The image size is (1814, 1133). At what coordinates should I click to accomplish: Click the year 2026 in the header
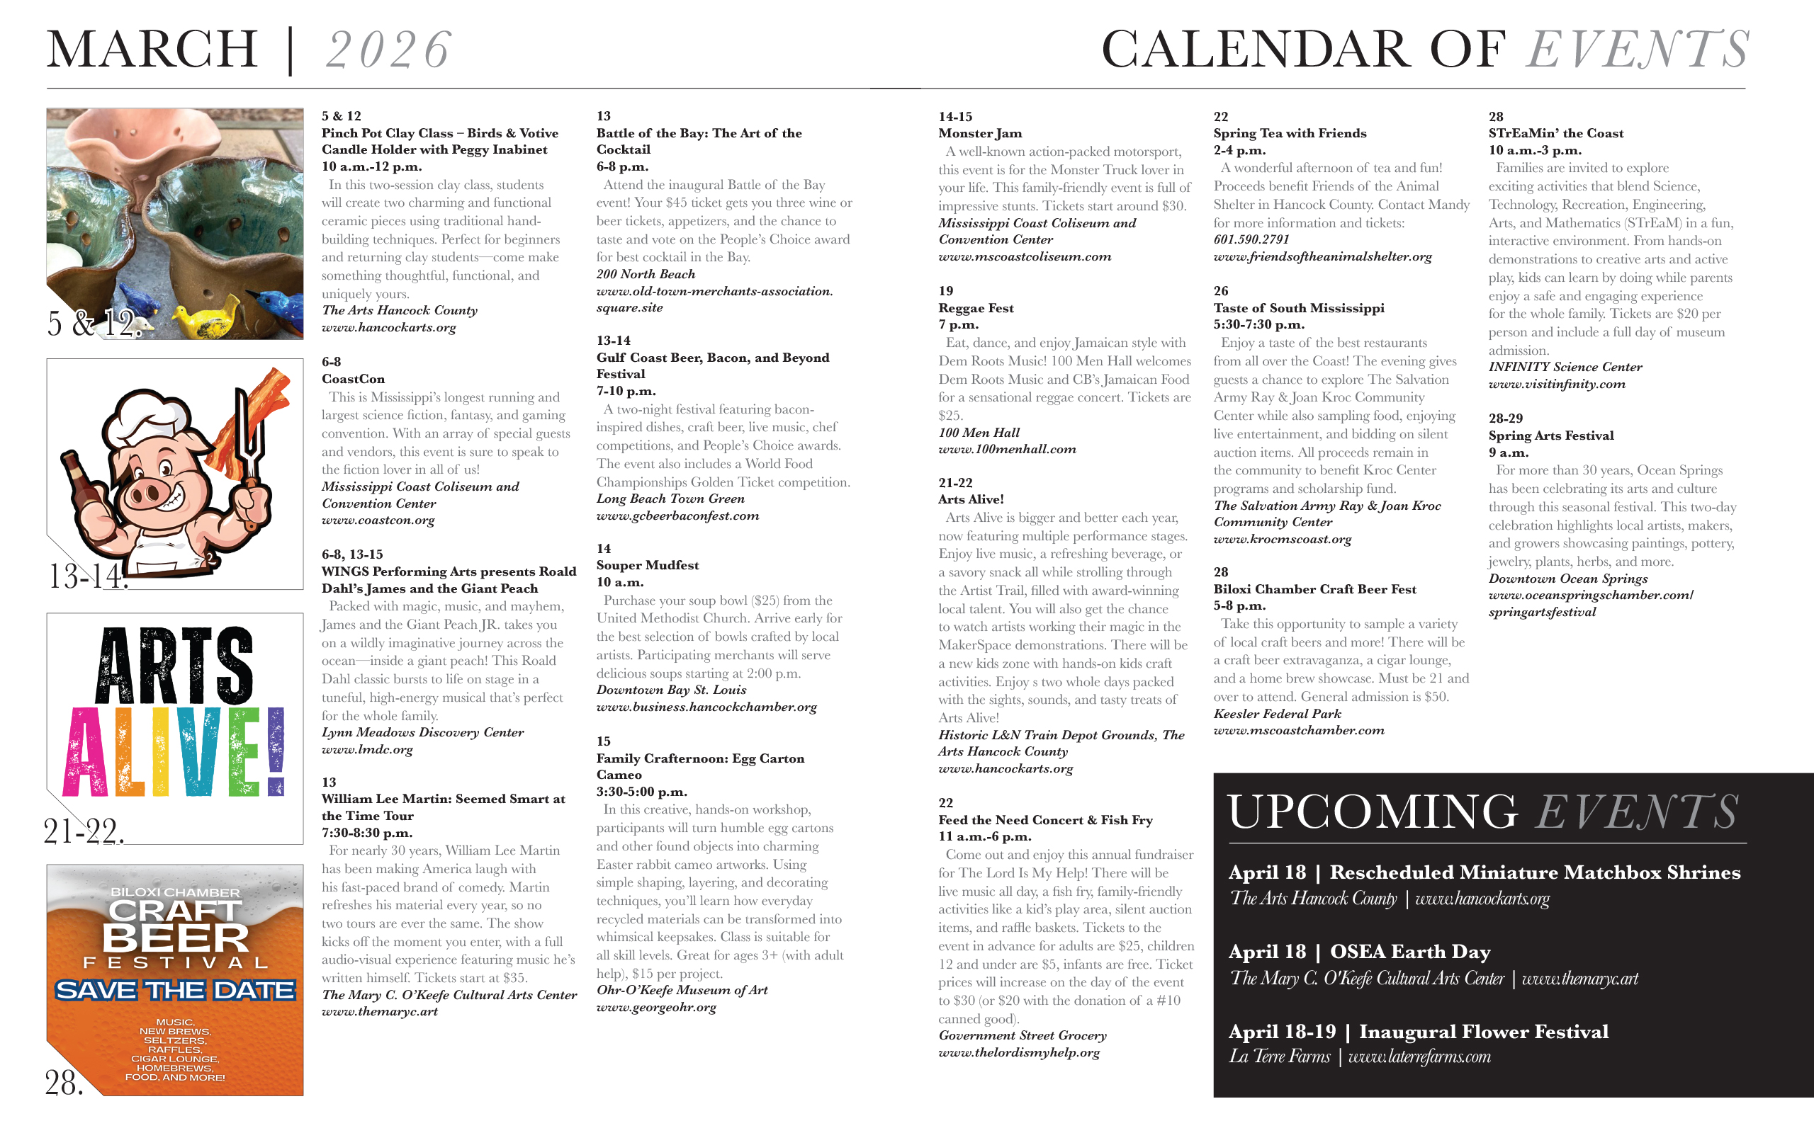[x=388, y=50]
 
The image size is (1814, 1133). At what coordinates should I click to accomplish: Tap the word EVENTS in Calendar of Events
[x=1638, y=50]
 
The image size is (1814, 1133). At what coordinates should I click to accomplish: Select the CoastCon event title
[x=353, y=379]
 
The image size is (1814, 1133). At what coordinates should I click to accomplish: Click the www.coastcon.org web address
[x=378, y=520]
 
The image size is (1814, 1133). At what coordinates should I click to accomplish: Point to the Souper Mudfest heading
[x=647, y=565]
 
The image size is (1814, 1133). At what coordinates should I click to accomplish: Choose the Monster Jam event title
[x=980, y=133]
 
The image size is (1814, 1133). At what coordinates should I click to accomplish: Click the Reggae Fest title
[x=975, y=308]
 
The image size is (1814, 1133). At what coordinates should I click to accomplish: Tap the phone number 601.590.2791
[x=1251, y=240]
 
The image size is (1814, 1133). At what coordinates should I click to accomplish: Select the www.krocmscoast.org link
[x=1282, y=539]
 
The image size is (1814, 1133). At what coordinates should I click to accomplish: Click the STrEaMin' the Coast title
[x=1555, y=133]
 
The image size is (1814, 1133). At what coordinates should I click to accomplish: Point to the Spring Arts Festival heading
[x=1550, y=435]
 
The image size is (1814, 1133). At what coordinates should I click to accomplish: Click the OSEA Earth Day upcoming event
[x=1409, y=952]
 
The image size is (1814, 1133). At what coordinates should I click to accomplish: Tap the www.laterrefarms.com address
[x=1419, y=1057]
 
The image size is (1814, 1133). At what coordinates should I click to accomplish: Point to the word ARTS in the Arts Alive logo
[x=174, y=666]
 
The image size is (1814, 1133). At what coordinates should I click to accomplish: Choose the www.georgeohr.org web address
[x=656, y=1008]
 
